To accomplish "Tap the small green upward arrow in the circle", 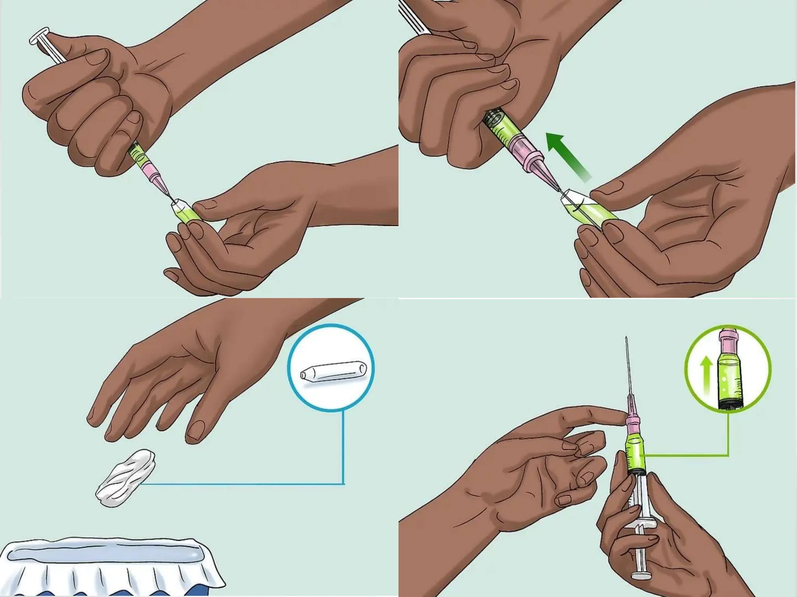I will coord(706,375).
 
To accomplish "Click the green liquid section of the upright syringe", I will coord(635,453).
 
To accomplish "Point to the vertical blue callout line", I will coord(343,447).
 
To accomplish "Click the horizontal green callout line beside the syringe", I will coord(685,455).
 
